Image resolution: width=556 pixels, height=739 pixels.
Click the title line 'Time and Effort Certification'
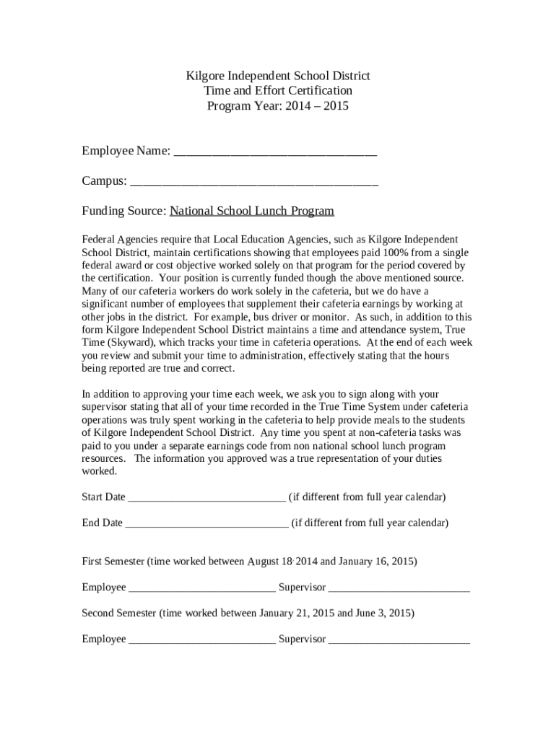pyautogui.click(x=278, y=91)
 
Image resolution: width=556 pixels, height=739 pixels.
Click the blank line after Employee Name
pyautogui.click(x=276, y=152)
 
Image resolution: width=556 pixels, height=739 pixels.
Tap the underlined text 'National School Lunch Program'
pyautogui.click(x=252, y=211)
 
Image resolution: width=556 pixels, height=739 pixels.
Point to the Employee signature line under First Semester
pyautogui.click(x=202, y=588)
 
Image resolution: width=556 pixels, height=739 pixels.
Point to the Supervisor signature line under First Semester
pyautogui.click(x=399, y=588)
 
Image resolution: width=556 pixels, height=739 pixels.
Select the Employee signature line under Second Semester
pyautogui.click(x=202, y=640)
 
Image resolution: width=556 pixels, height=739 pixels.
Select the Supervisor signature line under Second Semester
pyautogui.click(x=399, y=640)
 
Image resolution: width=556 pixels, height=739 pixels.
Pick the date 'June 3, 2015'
pyautogui.click(x=384, y=613)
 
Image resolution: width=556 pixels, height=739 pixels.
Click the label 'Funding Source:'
pyautogui.click(x=124, y=211)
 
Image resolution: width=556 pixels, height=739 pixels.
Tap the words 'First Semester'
pyautogui.click(x=113, y=561)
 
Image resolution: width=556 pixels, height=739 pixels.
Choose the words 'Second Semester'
pyautogui.click(x=119, y=613)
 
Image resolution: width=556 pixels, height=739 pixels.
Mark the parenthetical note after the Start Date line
pyautogui.click(x=368, y=497)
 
